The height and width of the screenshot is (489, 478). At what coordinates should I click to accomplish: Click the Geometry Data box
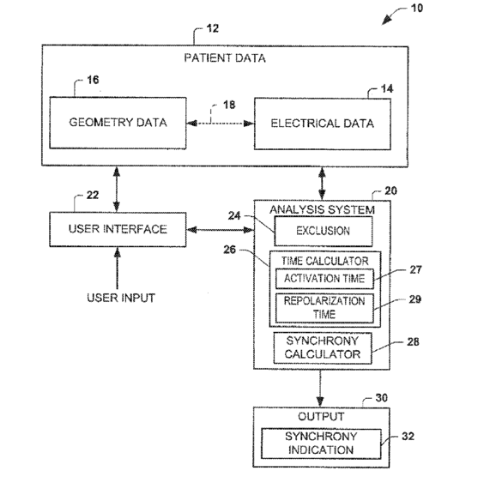118,123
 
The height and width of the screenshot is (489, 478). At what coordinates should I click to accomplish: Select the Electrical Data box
323,124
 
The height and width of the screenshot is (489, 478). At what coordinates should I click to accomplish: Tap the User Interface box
118,230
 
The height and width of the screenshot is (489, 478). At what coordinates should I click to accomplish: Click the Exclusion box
324,231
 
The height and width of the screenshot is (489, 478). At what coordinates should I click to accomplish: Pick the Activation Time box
324,279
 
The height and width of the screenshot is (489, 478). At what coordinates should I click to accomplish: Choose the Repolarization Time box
324,308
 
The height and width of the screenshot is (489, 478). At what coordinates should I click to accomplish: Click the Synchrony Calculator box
323,347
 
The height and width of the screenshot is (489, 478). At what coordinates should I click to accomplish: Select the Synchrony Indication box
321,444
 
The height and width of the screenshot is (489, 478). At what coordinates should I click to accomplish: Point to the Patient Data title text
225,58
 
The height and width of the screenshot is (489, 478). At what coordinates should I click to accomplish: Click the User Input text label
121,298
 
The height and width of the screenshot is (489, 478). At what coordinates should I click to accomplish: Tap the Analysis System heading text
322,209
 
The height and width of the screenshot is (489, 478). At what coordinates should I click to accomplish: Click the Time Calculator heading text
324,261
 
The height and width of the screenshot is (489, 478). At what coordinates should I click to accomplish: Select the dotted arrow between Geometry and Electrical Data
221,124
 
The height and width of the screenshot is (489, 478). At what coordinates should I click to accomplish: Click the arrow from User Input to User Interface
118,269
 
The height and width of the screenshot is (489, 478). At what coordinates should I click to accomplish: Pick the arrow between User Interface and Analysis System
221,230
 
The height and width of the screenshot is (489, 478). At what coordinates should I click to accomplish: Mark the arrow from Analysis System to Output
320,389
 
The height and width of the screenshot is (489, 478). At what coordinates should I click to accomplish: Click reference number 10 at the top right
417,8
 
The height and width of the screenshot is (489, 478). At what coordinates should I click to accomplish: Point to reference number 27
415,269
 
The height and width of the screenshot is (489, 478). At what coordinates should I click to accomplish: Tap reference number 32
408,436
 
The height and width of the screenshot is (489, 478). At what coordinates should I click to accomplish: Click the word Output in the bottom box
321,416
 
